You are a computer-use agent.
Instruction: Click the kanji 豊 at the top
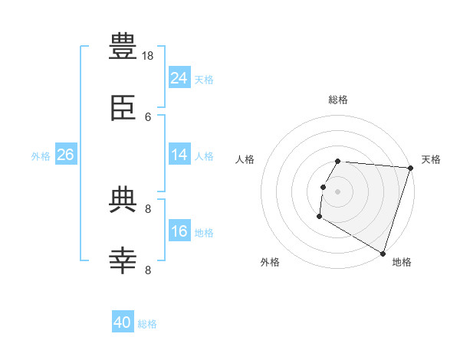(x=123, y=46)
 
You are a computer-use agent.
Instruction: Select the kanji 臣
(x=123, y=108)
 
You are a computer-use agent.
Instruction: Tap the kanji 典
(x=123, y=199)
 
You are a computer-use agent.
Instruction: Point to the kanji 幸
(x=123, y=260)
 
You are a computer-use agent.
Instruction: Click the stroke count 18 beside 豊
(x=147, y=56)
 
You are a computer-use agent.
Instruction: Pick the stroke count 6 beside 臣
(x=148, y=117)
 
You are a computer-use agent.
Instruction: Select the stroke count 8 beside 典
(x=148, y=209)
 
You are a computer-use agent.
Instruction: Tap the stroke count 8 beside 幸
(x=148, y=270)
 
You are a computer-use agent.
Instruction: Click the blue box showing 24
(x=179, y=77)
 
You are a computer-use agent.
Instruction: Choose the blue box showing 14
(x=179, y=154)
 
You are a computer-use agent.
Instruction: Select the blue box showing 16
(x=179, y=230)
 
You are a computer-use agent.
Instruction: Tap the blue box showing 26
(x=66, y=154)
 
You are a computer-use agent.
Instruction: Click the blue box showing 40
(x=123, y=321)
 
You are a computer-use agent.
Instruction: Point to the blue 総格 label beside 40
(x=147, y=324)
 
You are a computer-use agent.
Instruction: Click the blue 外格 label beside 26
(x=41, y=156)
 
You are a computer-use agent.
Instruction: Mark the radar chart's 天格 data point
(x=411, y=168)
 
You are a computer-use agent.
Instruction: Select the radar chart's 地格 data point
(x=383, y=254)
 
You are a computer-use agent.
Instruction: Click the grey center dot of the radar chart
(x=337, y=191)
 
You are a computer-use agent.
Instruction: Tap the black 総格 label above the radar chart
(x=338, y=100)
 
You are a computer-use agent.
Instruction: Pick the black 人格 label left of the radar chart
(x=245, y=159)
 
